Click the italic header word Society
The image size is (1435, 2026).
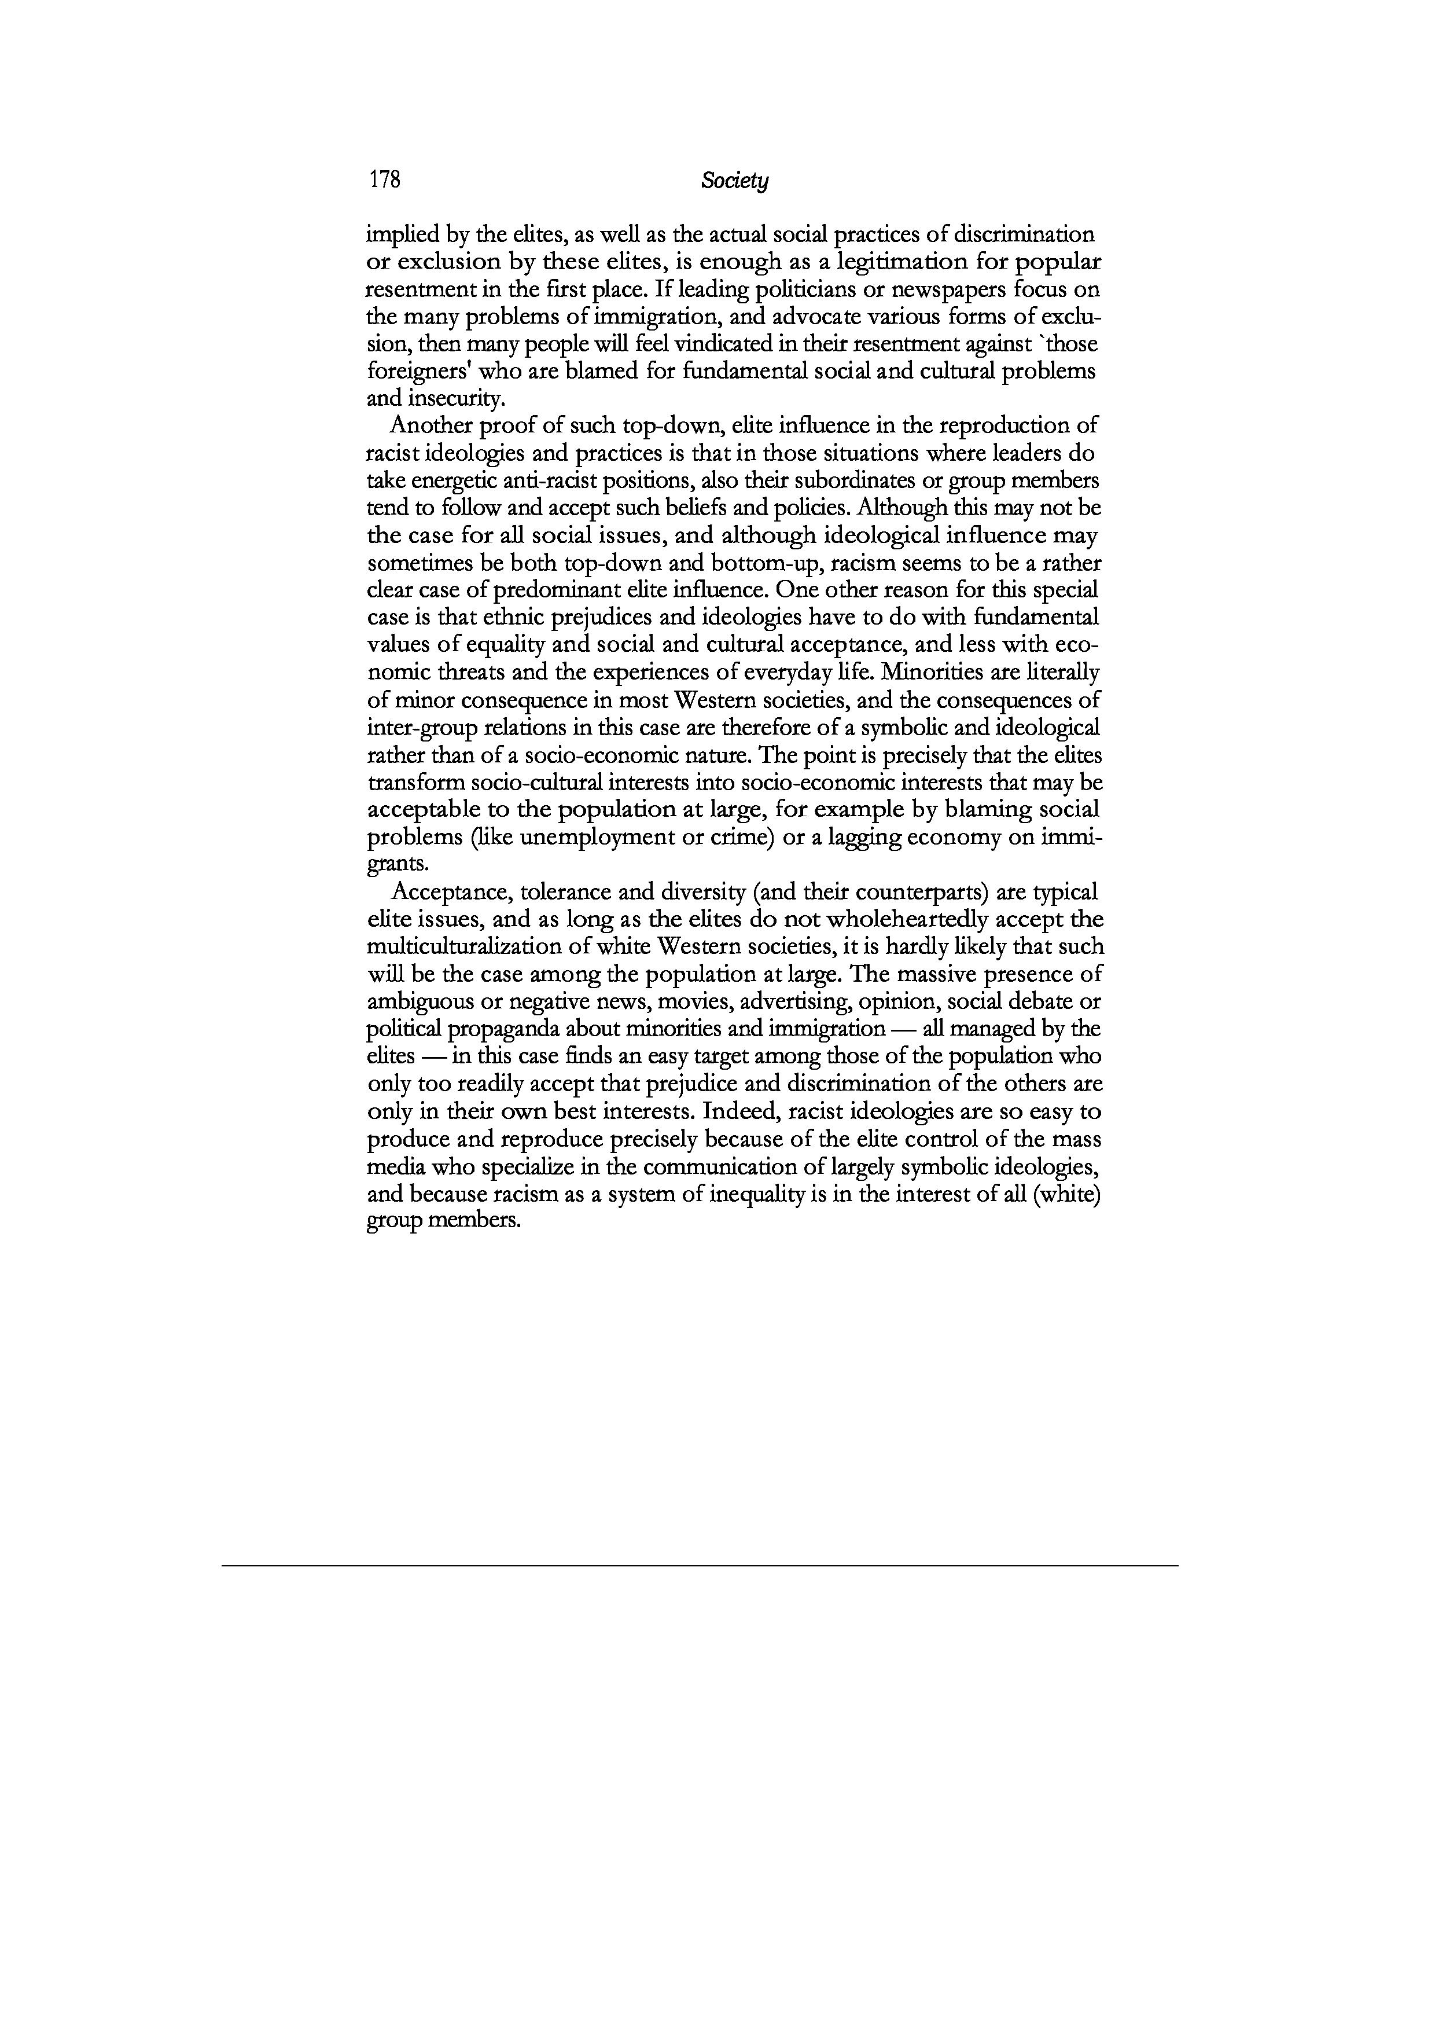(734, 181)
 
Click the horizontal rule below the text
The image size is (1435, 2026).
(700, 1565)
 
